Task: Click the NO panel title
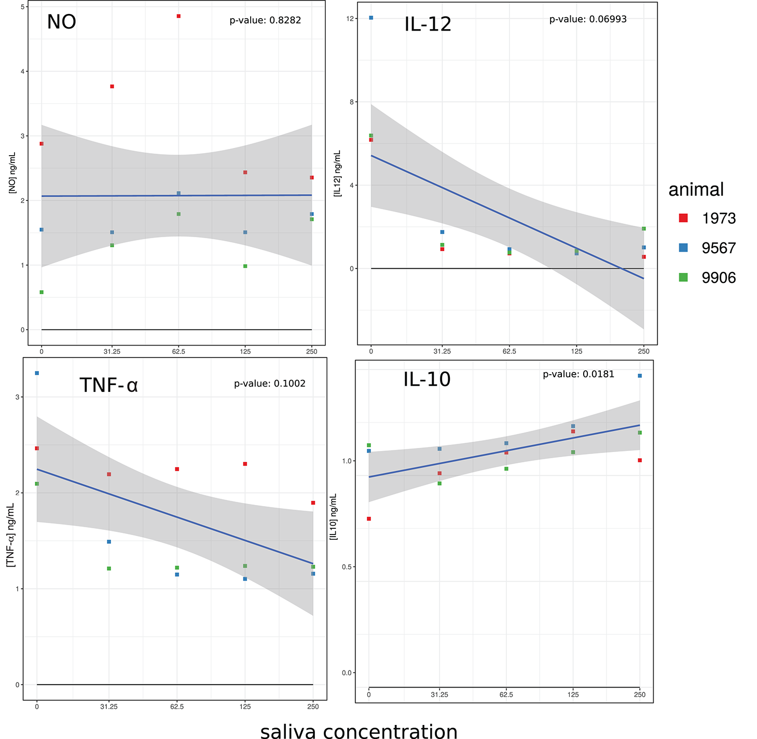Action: (x=61, y=22)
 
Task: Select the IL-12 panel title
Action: (x=428, y=24)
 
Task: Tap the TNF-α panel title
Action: (x=108, y=385)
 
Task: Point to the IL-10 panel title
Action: (x=426, y=379)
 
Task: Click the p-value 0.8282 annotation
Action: (x=265, y=21)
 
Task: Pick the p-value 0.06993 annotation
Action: (x=588, y=19)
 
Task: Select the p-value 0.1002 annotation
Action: (x=269, y=384)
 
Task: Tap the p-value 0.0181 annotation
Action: (x=578, y=374)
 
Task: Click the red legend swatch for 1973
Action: (x=683, y=218)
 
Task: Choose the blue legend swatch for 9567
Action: (x=683, y=248)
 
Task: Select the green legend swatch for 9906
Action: (x=683, y=278)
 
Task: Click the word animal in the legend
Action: (x=696, y=189)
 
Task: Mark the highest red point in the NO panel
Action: (x=178, y=16)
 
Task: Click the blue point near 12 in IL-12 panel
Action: (x=371, y=18)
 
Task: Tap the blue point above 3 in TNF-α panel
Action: (x=37, y=373)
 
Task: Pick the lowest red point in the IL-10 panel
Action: (x=369, y=519)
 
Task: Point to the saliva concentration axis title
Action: (x=359, y=731)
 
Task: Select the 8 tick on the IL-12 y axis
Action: (x=352, y=102)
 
